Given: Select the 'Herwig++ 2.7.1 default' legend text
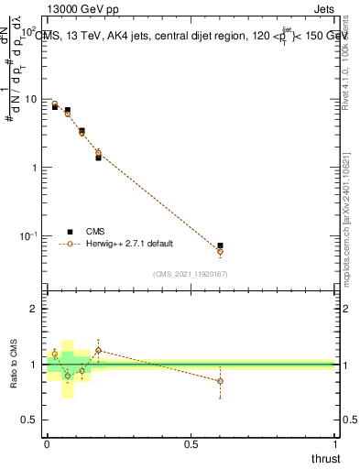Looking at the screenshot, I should click(130, 244).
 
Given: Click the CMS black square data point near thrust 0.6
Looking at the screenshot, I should click(220, 245).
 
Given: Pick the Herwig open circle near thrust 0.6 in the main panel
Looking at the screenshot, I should click(220, 251).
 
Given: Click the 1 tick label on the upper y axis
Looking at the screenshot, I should click(36, 168).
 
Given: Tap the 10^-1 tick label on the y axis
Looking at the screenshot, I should click(30, 236).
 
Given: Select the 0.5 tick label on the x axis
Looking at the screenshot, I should click(191, 444).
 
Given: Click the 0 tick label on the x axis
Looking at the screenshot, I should click(47, 444).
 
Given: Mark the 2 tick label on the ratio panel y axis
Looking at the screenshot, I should click(36, 310).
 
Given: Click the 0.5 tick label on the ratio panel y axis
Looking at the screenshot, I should click(30, 420).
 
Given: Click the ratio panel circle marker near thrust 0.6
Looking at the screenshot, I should click(220, 381).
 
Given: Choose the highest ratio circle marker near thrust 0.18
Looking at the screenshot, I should click(98, 350).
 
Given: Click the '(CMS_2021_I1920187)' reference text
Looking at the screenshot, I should click(191, 273).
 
